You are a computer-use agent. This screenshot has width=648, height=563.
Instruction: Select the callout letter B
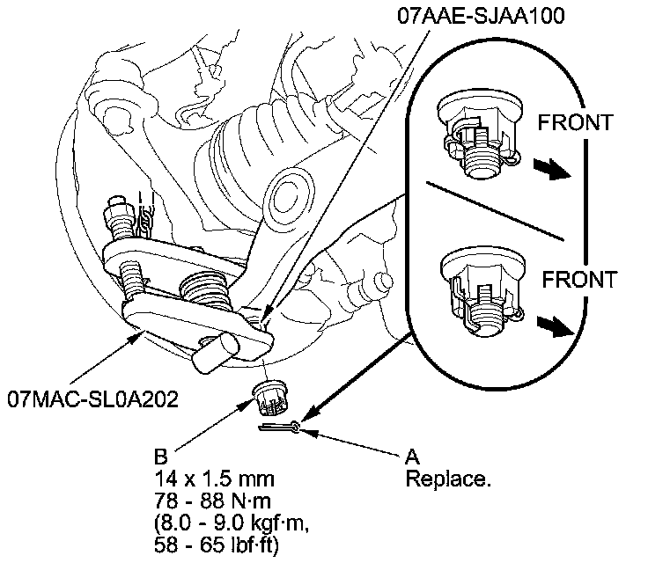pyautogui.click(x=161, y=457)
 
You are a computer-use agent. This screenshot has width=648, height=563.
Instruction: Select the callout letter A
pyautogui.click(x=411, y=457)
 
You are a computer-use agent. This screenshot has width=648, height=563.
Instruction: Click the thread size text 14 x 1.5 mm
pyautogui.click(x=214, y=479)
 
